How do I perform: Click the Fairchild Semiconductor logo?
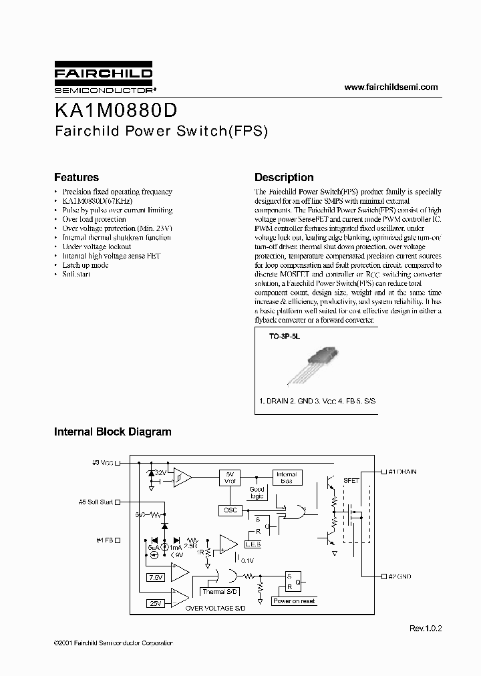click(103, 78)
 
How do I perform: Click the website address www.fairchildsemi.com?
click(391, 88)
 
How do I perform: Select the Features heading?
click(76, 178)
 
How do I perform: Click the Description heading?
click(284, 178)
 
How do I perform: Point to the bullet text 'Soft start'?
click(75, 275)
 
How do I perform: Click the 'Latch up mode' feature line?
click(85, 265)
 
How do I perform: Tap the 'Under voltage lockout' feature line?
click(96, 247)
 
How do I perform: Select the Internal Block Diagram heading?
click(112, 432)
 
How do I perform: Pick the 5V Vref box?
click(229, 478)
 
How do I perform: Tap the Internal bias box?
click(286, 478)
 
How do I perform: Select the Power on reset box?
click(294, 601)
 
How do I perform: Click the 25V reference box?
click(156, 604)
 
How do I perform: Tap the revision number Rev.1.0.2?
click(426, 629)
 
